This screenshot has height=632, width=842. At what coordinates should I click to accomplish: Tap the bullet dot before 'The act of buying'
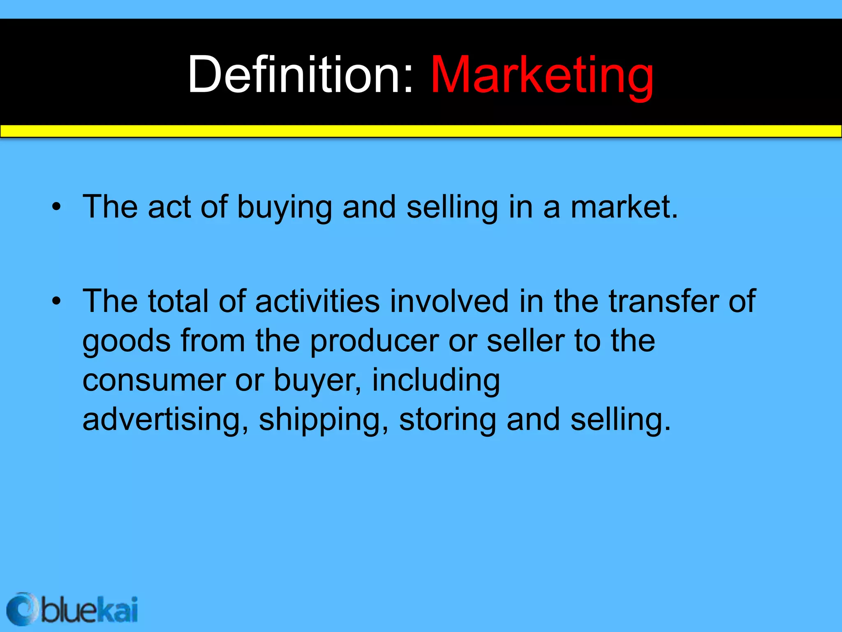(x=56, y=207)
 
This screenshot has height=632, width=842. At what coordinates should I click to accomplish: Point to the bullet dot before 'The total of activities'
(x=56, y=302)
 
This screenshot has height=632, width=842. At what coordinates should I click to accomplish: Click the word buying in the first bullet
(x=285, y=208)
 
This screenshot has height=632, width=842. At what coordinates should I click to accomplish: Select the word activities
(x=317, y=302)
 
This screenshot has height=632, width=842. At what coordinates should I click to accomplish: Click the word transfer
(x=664, y=302)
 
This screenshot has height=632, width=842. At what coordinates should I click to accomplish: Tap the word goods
(x=126, y=342)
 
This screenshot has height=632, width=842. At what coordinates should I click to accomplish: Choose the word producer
(x=374, y=342)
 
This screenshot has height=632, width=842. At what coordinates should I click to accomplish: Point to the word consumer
(x=154, y=381)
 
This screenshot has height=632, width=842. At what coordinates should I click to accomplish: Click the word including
(x=436, y=381)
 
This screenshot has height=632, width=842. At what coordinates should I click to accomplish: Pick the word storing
(x=447, y=420)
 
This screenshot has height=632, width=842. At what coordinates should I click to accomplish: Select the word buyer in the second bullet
(x=315, y=381)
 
